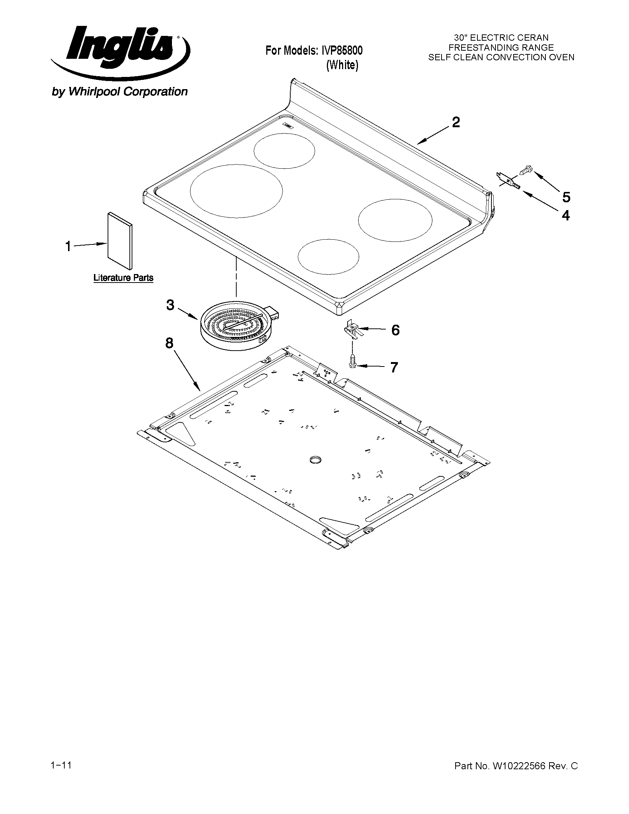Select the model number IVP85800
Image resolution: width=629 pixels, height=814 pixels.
[342, 50]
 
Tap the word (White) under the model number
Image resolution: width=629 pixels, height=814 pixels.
[342, 65]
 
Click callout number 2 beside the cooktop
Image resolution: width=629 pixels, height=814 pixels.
[456, 123]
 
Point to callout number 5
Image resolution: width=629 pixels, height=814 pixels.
[566, 197]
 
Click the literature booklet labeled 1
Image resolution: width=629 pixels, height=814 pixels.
[119, 240]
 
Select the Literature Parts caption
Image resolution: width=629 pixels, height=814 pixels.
[124, 278]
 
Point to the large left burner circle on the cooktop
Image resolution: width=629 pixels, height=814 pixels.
[236, 191]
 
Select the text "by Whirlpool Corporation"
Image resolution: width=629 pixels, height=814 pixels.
[119, 92]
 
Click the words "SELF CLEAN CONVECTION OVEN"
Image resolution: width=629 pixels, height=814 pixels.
[501, 57]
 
